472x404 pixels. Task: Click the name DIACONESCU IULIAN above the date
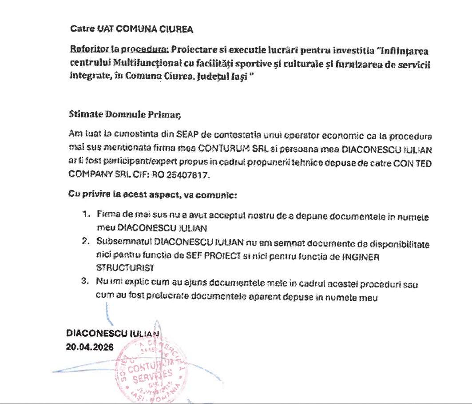coord(112,333)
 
